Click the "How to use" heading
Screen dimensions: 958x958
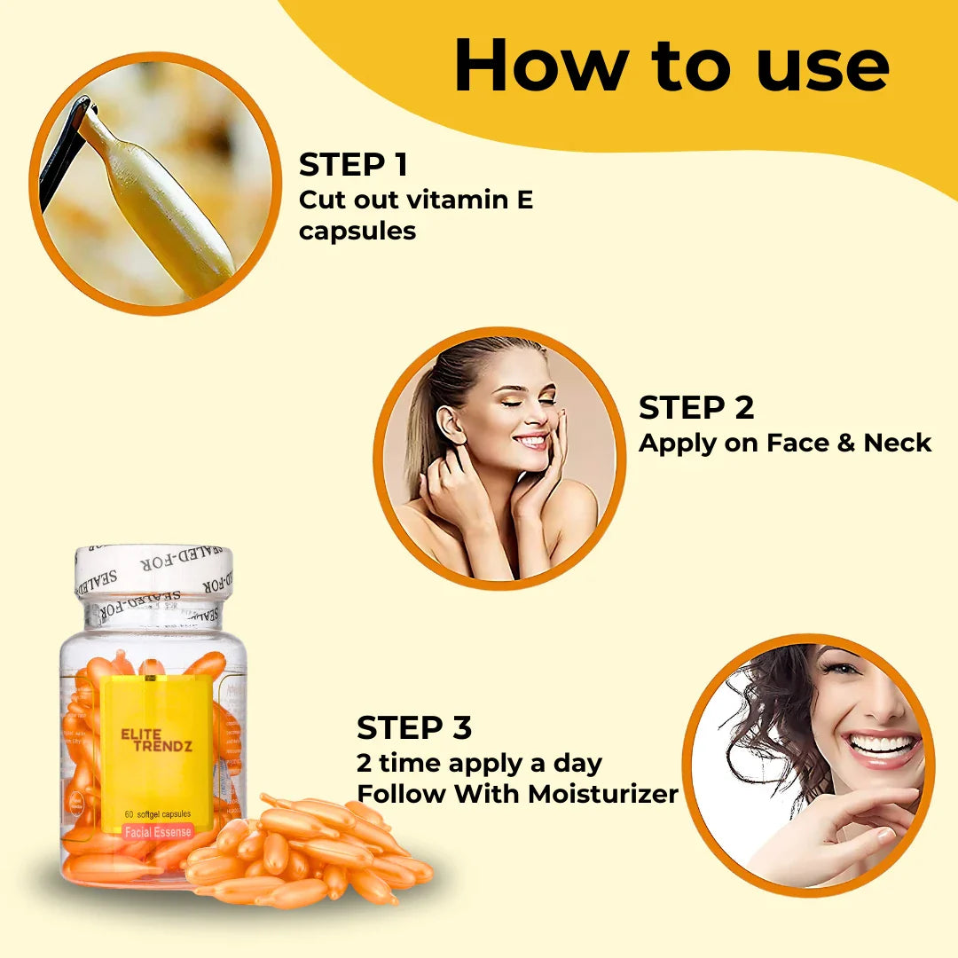(671, 66)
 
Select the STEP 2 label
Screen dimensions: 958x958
(696, 407)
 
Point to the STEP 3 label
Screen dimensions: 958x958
(414, 727)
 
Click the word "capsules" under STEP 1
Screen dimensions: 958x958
(357, 232)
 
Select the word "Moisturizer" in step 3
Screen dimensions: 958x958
(602, 794)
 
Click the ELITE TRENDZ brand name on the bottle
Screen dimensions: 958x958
(155, 740)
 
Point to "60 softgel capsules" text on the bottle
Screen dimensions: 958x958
(157, 813)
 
